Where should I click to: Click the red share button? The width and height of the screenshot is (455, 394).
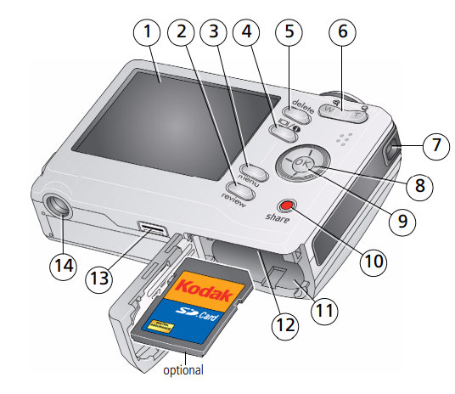point(288,205)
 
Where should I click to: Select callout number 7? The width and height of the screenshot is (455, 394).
point(435,144)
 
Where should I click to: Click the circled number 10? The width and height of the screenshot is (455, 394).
point(370,262)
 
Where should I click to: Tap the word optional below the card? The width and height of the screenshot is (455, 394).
point(183,370)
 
